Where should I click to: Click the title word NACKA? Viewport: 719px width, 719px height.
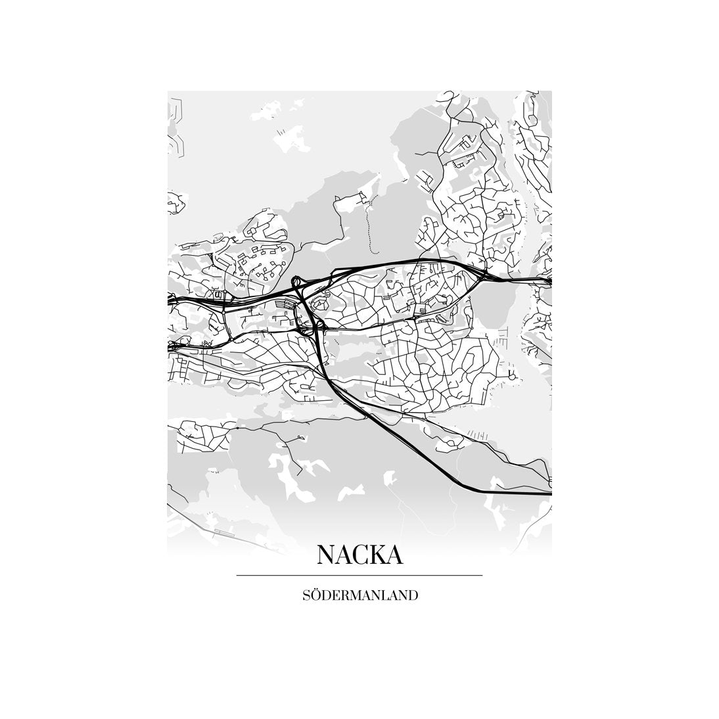coord(359,555)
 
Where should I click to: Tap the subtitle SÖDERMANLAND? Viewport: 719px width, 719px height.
coord(359,596)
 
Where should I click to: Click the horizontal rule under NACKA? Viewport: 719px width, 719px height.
coord(359,576)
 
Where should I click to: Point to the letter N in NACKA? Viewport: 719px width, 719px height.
coord(327,555)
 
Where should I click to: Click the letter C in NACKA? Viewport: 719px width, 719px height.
coord(359,555)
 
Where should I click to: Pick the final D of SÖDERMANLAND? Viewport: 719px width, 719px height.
coord(413,596)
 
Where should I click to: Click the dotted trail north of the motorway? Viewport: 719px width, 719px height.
coord(369,223)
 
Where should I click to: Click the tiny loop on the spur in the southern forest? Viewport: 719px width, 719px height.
coord(300,436)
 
